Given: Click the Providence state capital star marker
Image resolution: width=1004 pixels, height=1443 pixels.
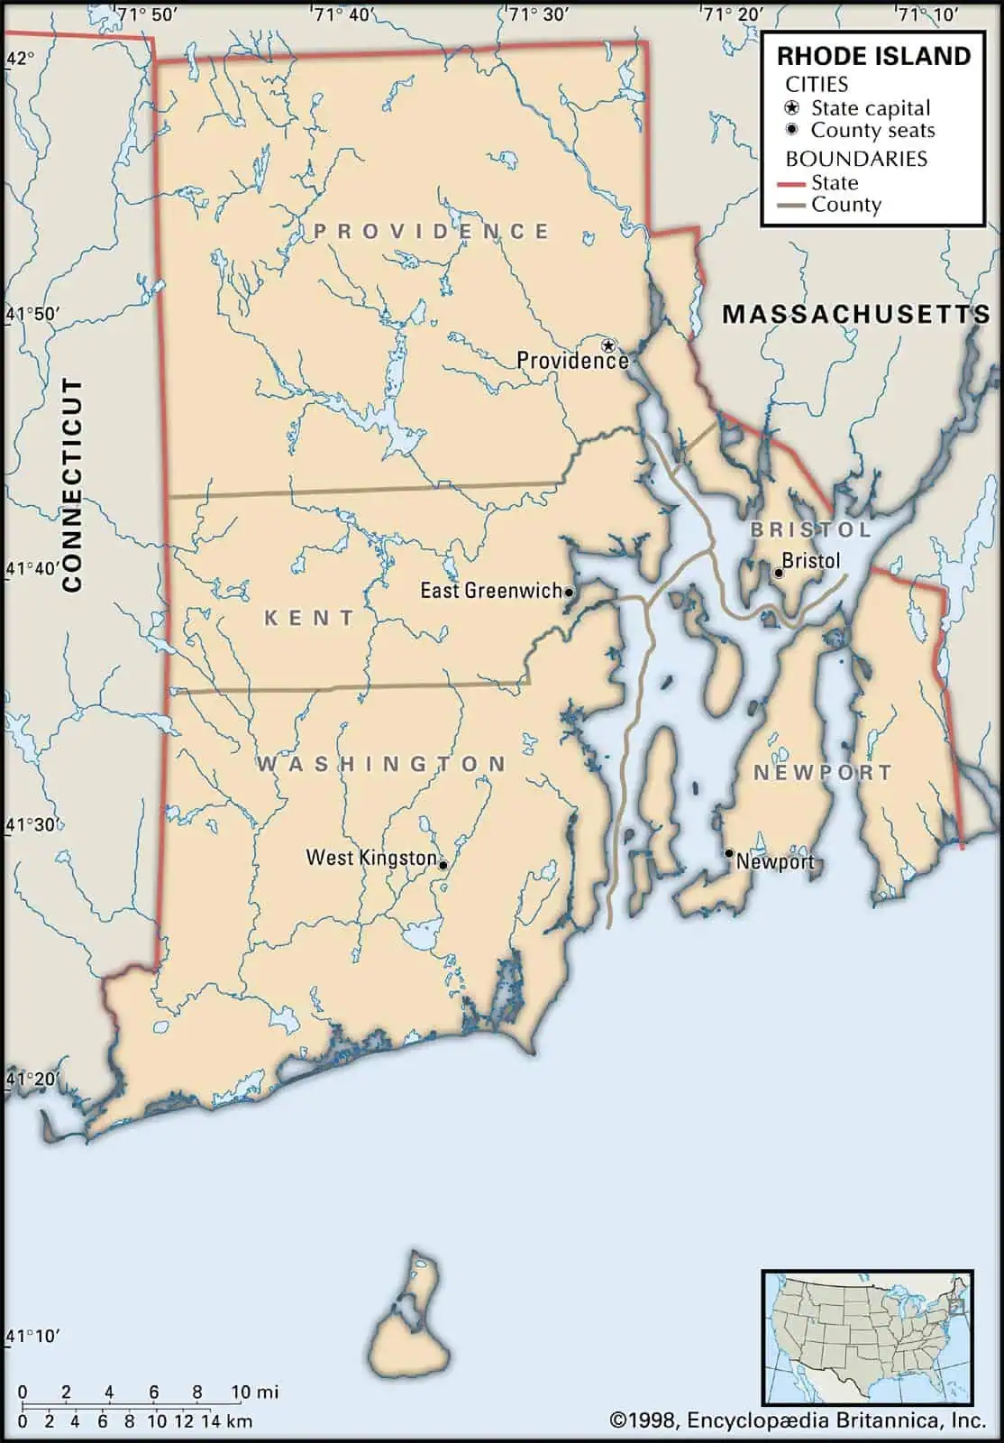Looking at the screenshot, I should pos(608,345).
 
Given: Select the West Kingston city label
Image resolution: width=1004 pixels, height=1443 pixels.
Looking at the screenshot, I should pos(371,858).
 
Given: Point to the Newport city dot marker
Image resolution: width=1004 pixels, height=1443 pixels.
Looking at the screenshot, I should pos(729,852).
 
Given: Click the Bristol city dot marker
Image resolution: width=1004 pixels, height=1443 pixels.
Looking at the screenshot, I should pos(779,573).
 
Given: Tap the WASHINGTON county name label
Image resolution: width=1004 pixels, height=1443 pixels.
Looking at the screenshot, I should pos(381,764).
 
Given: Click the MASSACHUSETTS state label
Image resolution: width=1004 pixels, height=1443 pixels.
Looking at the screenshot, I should pos(855,314).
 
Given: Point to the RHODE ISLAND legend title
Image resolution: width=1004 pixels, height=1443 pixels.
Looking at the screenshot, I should pos(873,56).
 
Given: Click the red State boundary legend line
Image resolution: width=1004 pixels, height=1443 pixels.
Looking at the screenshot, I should pos(790,184).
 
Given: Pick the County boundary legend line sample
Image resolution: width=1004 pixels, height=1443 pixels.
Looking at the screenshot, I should pos(790,206).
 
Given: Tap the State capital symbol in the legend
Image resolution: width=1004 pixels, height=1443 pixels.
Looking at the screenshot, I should pos(792,107).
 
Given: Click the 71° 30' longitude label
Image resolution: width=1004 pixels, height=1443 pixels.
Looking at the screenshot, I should pos(537,14).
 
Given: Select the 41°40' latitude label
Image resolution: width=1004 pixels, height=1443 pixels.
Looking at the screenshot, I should pos(33,569).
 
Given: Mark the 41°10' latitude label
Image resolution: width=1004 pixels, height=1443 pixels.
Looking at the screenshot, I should pos(33,1336).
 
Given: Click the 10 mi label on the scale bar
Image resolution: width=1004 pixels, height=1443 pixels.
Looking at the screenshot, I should pos(254,1392).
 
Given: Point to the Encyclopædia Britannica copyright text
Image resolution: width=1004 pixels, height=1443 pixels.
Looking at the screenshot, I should pos(798,1421).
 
